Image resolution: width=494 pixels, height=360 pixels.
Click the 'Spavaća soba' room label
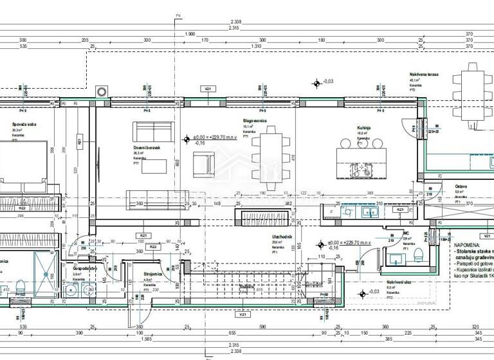22,125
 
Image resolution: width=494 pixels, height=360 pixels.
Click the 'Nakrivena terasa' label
424,75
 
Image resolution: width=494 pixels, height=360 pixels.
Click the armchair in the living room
204,165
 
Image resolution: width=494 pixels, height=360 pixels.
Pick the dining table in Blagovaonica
266,157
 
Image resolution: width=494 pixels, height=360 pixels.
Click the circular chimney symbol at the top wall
101,91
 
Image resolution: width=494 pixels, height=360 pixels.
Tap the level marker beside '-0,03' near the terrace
316,82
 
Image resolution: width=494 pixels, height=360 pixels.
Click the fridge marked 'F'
331,211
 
